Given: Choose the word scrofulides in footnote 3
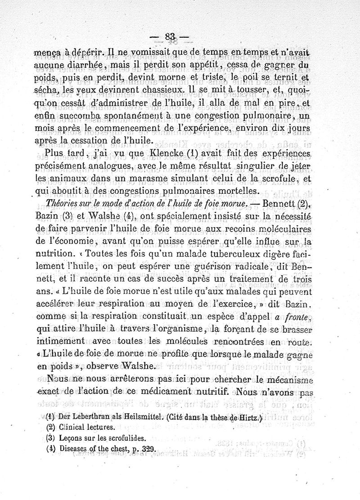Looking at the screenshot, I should [124, 437].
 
